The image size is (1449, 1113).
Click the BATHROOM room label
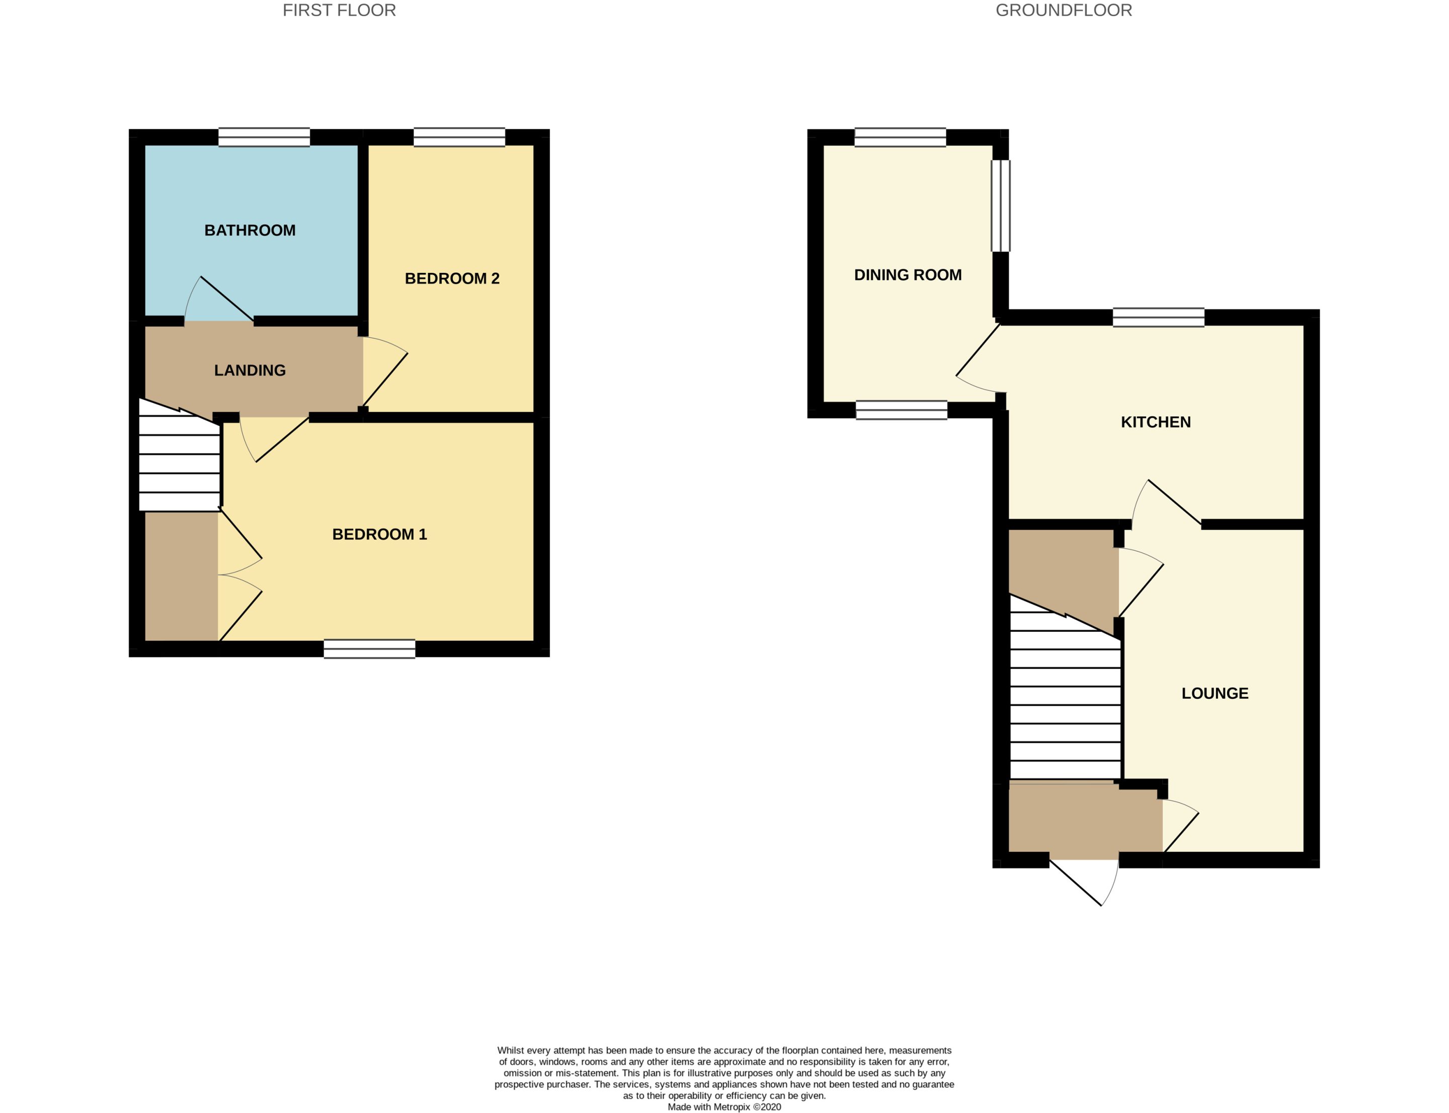[x=250, y=231]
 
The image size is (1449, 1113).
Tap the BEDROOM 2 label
[x=452, y=278]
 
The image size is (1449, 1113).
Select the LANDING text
[x=250, y=370]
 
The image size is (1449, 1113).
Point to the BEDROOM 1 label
[x=379, y=534]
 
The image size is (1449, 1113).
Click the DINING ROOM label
[x=907, y=275]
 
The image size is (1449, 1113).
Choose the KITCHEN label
[x=1155, y=422]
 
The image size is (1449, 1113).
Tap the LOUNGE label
[x=1215, y=693]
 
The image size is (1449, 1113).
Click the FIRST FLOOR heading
[x=339, y=11]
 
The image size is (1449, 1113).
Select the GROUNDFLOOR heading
[x=1064, y=11]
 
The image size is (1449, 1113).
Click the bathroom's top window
[x=264, y=137]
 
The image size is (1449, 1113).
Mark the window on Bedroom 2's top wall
[x=459, y=137]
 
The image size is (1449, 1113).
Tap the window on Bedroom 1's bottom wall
[x=369, y=648]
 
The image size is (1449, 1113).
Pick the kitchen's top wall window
[x=1158, y=317]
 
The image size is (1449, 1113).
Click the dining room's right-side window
[x=1000, y=206]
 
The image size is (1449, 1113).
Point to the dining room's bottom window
[x=901, y=410]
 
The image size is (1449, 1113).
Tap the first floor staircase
[x=179, y=456]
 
